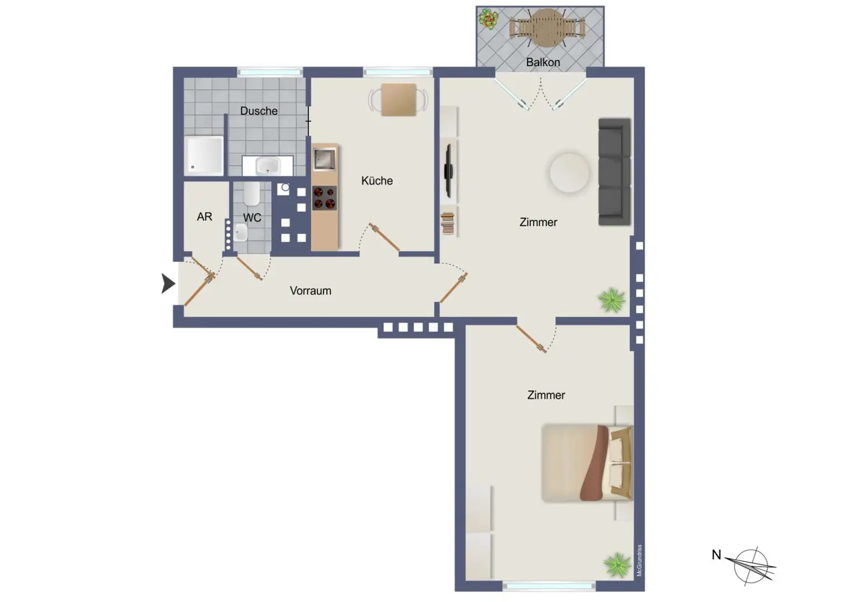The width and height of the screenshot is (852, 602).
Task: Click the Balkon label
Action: pos(543,62)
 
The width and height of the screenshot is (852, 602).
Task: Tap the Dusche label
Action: pos(258,111)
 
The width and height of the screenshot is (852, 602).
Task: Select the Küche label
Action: pos(377,181)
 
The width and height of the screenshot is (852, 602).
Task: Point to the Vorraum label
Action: pos(311,290)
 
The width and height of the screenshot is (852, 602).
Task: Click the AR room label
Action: pos(204,217)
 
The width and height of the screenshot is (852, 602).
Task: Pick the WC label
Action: pos(252,218)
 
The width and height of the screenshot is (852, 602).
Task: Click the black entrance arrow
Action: pos(168,283)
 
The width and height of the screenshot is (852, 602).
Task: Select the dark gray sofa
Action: pos(615,172)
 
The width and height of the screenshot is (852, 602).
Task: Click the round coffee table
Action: pos(569,173)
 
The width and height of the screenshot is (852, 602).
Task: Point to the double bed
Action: pos(587,463)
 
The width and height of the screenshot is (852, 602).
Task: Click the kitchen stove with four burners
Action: pos(324,198)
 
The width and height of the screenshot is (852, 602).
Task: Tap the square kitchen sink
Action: pos(324,159)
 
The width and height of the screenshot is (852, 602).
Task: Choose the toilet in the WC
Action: pos(251,193)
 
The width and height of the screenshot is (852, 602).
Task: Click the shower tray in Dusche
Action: pos(204,155)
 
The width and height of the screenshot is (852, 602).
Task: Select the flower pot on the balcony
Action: pos(488,19)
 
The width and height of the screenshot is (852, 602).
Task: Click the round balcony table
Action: pos(547,28)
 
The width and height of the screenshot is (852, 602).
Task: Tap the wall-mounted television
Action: pos(448,171)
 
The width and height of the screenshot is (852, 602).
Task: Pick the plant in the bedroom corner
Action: pos(616,565)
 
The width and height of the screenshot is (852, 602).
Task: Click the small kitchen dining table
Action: pos(399,100)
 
